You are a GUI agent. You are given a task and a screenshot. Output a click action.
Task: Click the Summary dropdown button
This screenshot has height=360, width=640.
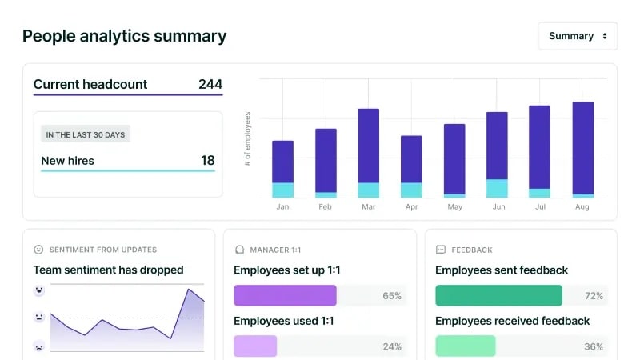coord(578,36)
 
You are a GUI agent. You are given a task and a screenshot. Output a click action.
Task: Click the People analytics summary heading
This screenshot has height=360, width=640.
coord(124,36)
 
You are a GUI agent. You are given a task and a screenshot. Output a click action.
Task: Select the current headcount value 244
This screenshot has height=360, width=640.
coord(210,84)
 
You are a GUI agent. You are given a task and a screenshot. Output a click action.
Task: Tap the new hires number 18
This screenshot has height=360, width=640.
coord(207,161)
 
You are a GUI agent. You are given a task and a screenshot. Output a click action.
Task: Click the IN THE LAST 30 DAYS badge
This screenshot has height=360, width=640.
coord(86,134)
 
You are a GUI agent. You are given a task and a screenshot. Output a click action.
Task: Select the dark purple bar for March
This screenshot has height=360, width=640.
coord(368,146)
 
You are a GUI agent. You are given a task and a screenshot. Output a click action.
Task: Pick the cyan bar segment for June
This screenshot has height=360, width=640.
coord(497,188)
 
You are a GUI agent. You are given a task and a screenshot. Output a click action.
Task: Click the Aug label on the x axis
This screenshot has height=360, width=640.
coord(582,207)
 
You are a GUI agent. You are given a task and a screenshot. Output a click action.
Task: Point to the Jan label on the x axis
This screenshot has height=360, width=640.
coord(282,207)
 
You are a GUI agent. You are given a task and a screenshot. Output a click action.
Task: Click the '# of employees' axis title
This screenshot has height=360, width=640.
coord(248,138)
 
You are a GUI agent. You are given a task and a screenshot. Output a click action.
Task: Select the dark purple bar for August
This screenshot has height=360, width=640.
coord(582,147)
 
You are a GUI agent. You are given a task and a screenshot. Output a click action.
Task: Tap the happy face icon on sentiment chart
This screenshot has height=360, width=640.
coord(38,290)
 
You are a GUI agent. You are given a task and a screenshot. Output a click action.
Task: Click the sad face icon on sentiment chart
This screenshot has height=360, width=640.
coord(38,346)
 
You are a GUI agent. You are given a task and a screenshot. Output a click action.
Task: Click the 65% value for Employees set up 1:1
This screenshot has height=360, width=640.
coord(392,296)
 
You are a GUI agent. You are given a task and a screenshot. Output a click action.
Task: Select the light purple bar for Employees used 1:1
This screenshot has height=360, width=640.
coord(255,346)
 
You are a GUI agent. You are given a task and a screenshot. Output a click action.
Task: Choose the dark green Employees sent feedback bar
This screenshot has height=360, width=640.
coord(498,296)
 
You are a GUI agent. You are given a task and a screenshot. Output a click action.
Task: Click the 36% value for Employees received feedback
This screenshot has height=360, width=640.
coord(594,346)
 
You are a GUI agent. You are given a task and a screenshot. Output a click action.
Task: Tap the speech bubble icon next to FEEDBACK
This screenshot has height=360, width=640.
coord(440,250)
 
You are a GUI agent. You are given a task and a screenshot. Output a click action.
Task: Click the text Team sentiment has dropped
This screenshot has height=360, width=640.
coord(108,270)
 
